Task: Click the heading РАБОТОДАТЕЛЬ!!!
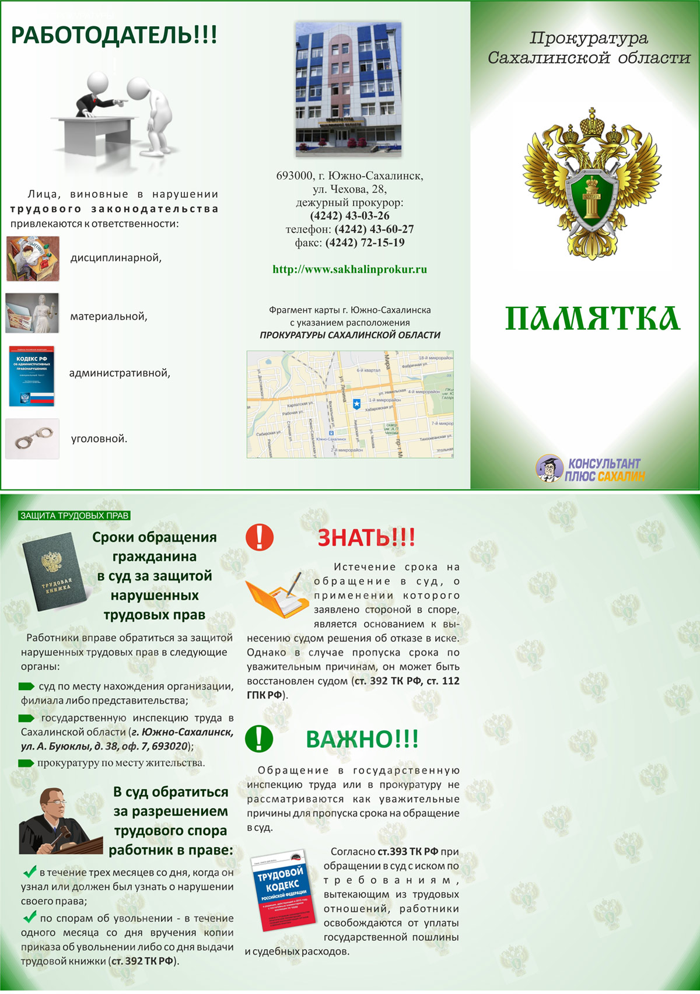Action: pyautogui.click(x=114, y=36)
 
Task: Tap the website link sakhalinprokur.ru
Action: pyautogui.click(x=349, y=269)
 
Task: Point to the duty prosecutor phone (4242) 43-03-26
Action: pyautogui.click(x=349, y=216)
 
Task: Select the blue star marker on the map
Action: pyautogui.click(x=356, y=404)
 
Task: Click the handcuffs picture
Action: pyautogui.click(x=33, y=439)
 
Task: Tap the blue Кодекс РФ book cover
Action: pyautogui.click(x=32, y=376)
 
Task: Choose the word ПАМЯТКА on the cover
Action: pyautogui.click(x=592, y=318)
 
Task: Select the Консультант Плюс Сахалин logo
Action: pyautogui.click(x=591, y=469)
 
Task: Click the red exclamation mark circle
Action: pyautogui.click(x=260, y=537)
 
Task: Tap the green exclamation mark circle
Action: pyautogui.click(x=259, y=738)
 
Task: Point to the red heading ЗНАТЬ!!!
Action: pyautogui.click(x=366, y=538)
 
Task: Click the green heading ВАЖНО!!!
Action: pyautogui.click(x=362, y=740)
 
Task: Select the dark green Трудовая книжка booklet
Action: pyautogui.click(x=54, y=572)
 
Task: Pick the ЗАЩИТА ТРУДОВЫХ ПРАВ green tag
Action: pyautogui.click(x=74, y=516)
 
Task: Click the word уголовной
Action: pyautogui.click(x=99, y=439)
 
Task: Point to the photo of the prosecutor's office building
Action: pyautogui.click(x=348, y=89)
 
